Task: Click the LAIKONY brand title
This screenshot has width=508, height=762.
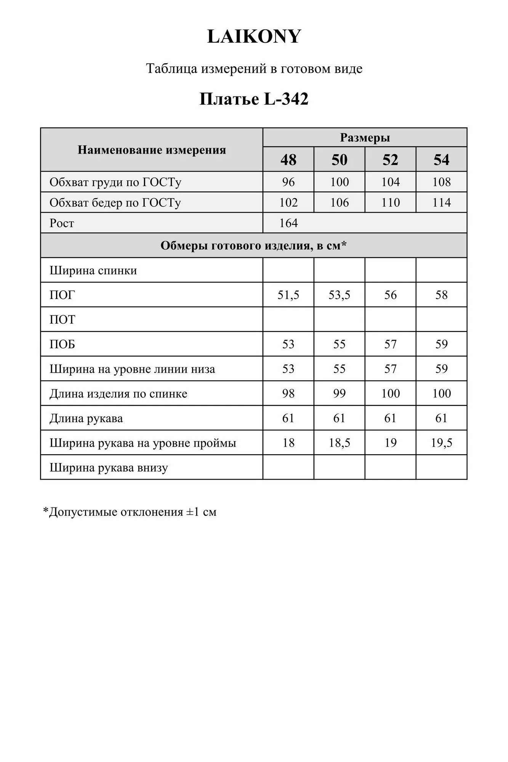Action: click(254, 37)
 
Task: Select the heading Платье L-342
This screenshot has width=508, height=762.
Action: click(254, 99)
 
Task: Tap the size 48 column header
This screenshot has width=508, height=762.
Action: click(288, 160)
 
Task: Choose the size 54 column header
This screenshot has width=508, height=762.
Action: click(441, 160)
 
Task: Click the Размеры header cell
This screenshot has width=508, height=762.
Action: click(365, 138)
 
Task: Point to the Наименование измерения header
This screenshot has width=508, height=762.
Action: click(152, 150)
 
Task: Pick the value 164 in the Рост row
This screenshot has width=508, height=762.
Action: click(288, 223)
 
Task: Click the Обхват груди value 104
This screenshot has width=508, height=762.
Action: click(390, 182)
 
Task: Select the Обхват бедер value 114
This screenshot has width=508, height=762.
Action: click(441, 202)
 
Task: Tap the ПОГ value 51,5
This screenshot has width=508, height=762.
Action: click(288, 295)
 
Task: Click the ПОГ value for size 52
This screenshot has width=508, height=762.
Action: click(390, 295)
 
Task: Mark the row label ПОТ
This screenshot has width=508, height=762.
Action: click(62, 319)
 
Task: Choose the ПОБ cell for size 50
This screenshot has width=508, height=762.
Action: click(339, 344)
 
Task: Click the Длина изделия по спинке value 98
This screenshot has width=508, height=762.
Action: click(288, 393)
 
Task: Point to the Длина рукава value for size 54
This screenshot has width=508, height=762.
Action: click(441, 418)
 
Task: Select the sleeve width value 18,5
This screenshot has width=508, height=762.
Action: click(339, 443)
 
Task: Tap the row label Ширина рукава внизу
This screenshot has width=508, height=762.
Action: click(109, 467)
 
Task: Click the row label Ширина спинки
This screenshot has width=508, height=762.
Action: click(93, 271)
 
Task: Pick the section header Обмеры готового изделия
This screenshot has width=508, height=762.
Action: click(253, 246)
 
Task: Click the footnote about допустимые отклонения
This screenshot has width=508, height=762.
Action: click(130, 512)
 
